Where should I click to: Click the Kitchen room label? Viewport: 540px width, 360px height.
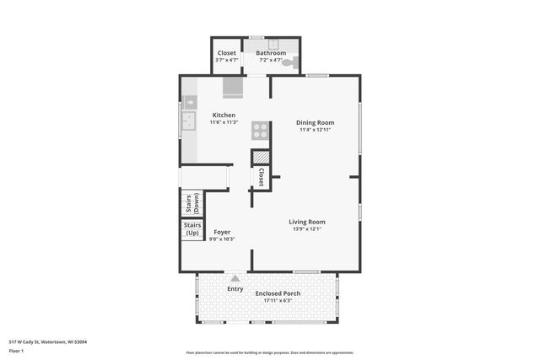pos(224,116)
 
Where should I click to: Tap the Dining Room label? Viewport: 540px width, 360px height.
pos(315,122)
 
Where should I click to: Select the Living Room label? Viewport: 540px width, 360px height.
pos(307,222)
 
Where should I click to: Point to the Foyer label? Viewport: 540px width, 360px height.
pos(222,232)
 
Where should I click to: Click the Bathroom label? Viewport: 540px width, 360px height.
pos(270,53)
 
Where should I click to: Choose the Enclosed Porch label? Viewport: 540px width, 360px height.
pos(278,293)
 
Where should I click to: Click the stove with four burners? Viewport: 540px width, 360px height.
pos(260,131)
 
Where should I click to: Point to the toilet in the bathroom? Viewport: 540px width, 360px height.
pos(288,62)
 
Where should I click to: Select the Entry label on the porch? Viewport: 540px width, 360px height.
pos(235,289)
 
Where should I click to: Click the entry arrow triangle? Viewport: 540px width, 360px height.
pos(235,277)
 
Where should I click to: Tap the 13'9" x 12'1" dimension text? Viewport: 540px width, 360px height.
pos(307,229)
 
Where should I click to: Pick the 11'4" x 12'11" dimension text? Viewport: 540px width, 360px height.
pos(315,130)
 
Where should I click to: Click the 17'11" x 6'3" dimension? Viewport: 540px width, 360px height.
pos(278,301)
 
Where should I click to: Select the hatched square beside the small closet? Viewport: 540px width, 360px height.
pos(261,156)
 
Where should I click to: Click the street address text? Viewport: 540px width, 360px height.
pos(47,341)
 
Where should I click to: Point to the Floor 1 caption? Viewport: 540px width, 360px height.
pos(16,350)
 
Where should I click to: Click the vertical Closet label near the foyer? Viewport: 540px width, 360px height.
pos(262,177)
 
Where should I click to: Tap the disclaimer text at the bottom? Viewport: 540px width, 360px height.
pos(269,353)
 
